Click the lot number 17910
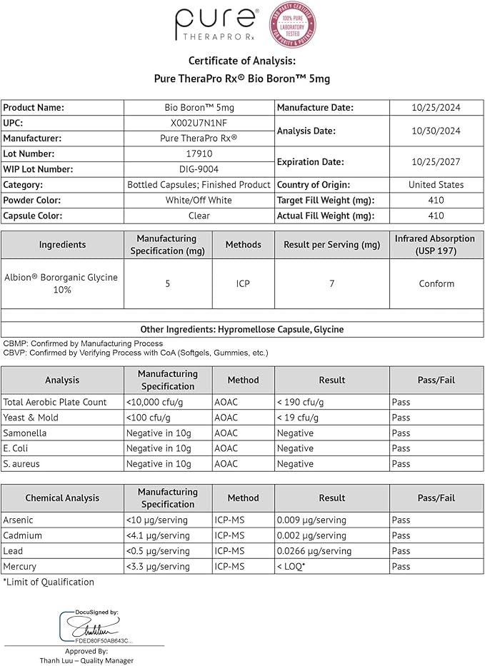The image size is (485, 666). click(x=199, y=153)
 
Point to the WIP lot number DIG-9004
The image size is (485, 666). click(x=199, y=169)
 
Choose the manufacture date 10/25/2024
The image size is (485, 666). click(x=436, y=107)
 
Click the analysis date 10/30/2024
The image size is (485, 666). click(x=436, y=131)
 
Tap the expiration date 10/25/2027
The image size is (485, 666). click(x=436, y=161)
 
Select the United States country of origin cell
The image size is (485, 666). click(x=436, y=184)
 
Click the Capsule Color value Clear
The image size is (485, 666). click(x=199, y=216)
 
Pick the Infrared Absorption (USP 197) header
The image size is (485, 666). click(x=436, y=244)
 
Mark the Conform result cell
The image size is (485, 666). click(x=436, y=283)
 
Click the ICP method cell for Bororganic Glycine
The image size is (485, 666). click(x=244, y=283)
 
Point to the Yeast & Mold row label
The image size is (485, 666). click(x=31, y=418)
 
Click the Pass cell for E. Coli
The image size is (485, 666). click(x=401, y=448)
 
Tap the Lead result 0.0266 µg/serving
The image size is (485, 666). click(x=314, y=551)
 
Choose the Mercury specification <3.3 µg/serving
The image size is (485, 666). click(x=158, y=567)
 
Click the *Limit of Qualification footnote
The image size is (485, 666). click(x=49, y=582)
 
